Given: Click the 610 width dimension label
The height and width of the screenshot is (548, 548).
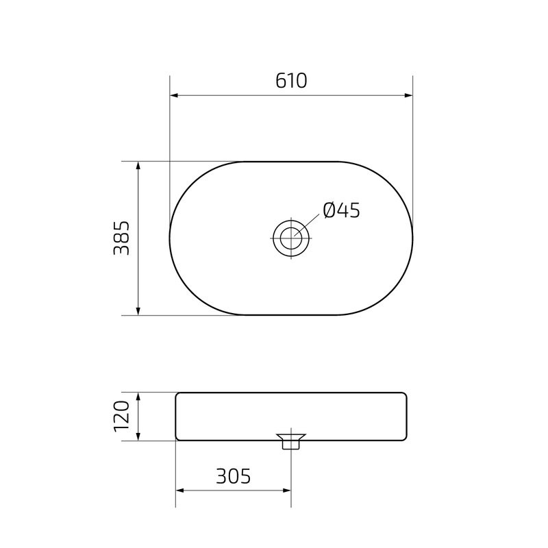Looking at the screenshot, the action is (291, 81).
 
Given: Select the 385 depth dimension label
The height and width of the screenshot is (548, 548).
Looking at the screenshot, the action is (122, 238).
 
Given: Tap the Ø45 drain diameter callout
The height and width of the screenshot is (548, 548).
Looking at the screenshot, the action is (341, 210).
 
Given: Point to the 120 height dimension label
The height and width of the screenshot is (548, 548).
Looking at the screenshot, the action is (122, 416).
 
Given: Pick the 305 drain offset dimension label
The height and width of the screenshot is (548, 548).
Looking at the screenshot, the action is (233, 476).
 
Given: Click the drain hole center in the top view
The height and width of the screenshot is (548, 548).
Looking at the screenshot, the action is (291, 238).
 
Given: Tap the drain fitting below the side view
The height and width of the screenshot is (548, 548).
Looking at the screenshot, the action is (291, 441).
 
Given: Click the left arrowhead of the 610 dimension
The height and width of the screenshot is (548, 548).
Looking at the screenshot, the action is (174, 95).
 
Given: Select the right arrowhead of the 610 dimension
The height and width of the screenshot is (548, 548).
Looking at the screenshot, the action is (408, 95).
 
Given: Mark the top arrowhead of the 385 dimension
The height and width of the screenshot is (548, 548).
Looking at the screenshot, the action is (138, 166).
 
